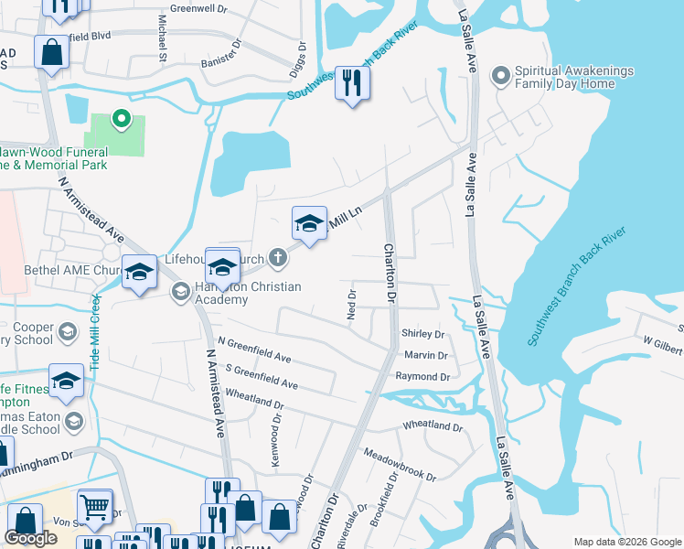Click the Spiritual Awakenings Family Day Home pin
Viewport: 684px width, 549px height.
pos(500,76)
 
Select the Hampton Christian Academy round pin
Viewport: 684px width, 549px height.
pos(180,291)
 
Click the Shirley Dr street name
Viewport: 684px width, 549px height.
pos(422,335)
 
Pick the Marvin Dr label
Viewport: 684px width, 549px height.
pos(425,356)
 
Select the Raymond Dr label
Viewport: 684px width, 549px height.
pos(422,376)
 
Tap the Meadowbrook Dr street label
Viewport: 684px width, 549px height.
pos(400,464)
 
